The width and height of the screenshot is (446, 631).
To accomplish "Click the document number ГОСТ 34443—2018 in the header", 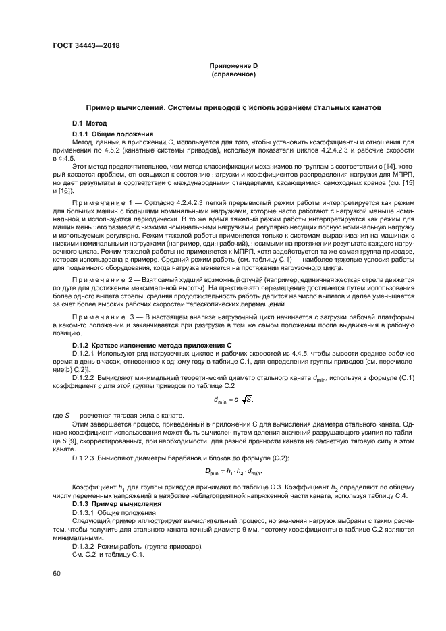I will pos(82,46).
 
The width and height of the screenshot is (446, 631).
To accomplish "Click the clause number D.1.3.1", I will pos(86,512).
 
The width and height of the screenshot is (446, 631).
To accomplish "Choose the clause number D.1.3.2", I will pos(86,547).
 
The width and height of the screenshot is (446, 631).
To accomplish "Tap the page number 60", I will pos(57,572).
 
